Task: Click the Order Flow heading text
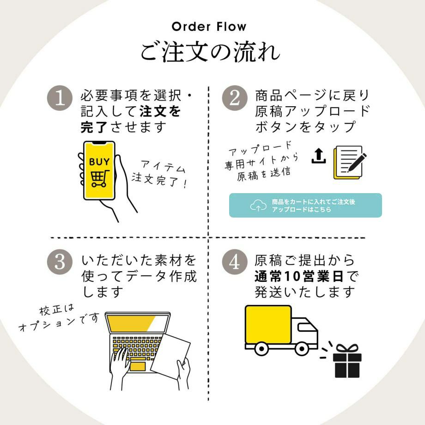(209, 26)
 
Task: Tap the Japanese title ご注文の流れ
(210, 52)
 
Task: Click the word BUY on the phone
(99, 162)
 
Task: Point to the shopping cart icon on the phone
(99, 178)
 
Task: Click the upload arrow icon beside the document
(318, 156)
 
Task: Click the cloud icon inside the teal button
(258, 206)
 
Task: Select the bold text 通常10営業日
(299, 276)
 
